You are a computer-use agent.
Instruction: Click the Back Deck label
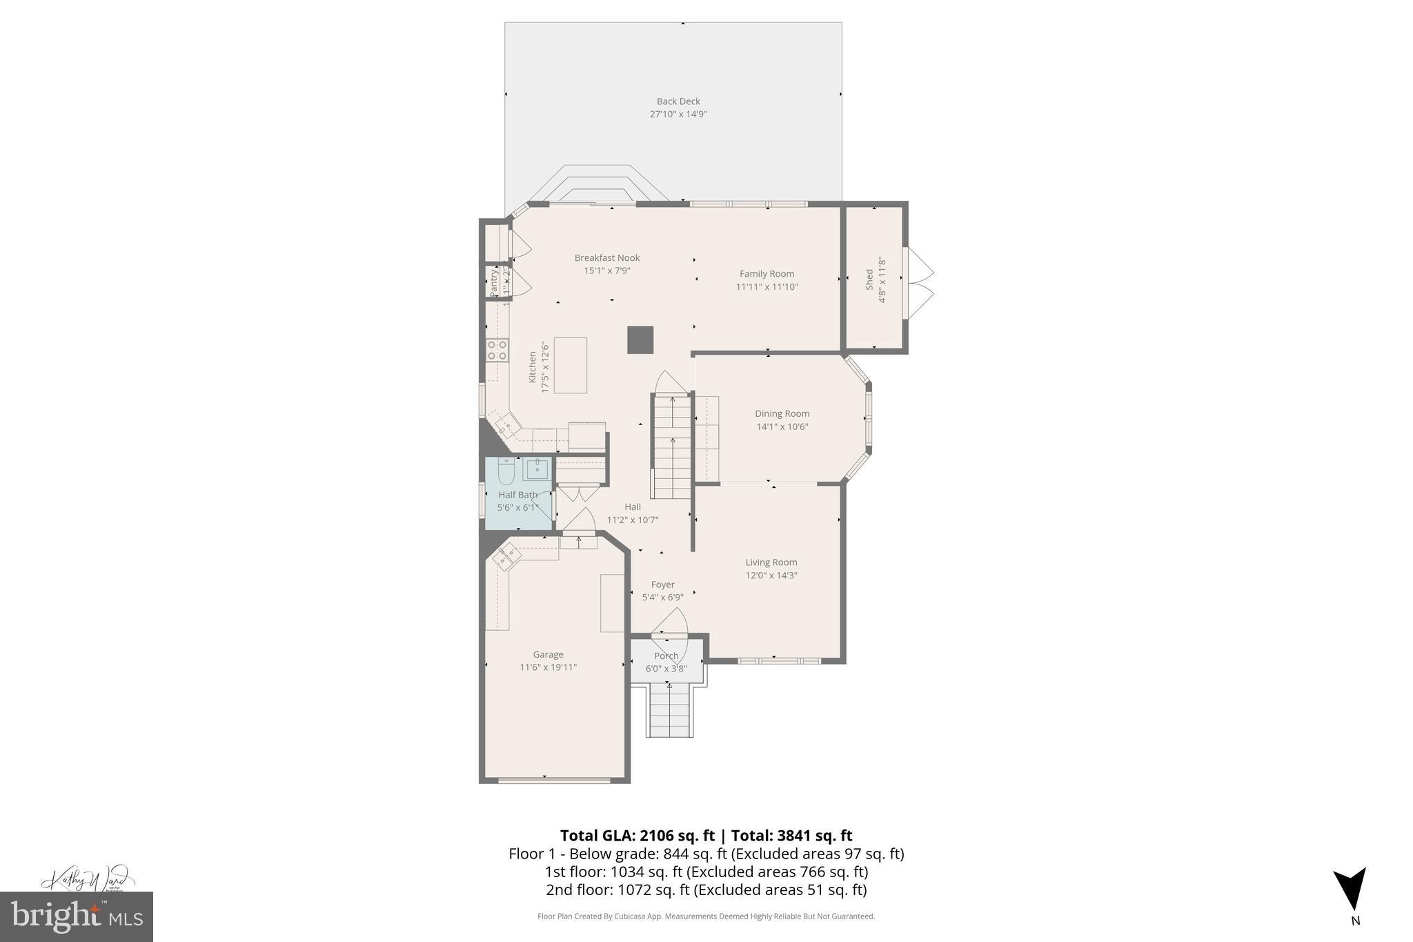(678, 101)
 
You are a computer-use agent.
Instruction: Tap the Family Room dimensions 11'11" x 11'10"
(767, 286)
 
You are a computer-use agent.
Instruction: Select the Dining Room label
(782, 413)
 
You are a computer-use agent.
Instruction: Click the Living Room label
(771, 562)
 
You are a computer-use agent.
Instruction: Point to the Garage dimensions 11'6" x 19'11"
(548, 667)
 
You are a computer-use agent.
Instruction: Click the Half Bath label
(517, 494)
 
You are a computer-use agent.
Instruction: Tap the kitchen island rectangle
(570, 365)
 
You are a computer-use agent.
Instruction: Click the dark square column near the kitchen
(640, 340)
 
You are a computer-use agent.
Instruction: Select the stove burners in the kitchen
(497, 349)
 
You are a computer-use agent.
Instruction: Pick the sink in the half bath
(537, 469)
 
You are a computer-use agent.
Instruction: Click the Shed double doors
(918, 284)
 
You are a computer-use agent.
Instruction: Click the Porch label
(666, 656)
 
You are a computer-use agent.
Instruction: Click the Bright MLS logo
(77, 916)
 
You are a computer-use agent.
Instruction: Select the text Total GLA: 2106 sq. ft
(636, 835)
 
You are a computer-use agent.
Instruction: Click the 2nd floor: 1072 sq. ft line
(706, 890)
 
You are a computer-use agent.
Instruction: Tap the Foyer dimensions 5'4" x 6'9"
(662, 598)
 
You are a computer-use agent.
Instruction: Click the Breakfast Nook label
(607, 257)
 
